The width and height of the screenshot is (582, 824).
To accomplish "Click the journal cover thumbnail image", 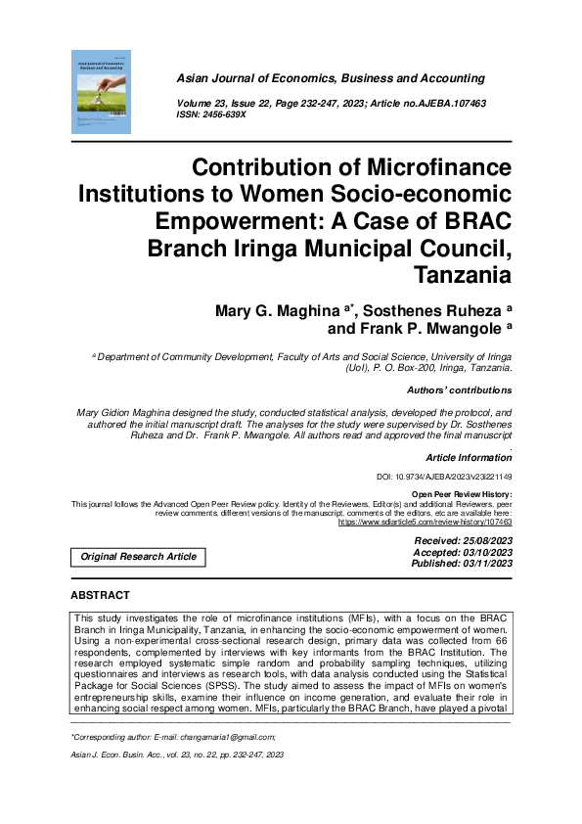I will point(102,93).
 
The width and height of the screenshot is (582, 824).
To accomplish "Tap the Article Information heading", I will point(470,458).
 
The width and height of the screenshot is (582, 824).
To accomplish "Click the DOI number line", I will point(444,477).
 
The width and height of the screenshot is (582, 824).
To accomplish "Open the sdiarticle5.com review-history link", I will point(425,524).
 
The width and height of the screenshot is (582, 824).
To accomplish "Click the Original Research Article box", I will point(138,557).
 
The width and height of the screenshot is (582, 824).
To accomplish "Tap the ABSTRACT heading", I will point(100,595).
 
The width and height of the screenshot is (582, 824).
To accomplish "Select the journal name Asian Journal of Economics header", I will point(330,78).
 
